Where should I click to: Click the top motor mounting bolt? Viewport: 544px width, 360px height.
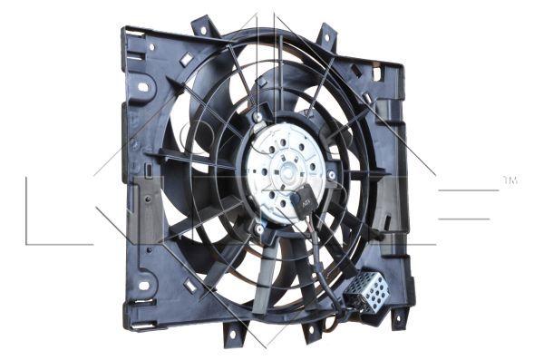[259, 117]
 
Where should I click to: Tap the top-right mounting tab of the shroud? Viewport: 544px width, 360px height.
[325, 36]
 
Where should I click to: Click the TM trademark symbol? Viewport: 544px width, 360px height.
[509, 181]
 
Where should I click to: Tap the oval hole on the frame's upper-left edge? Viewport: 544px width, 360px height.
[143, 87]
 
